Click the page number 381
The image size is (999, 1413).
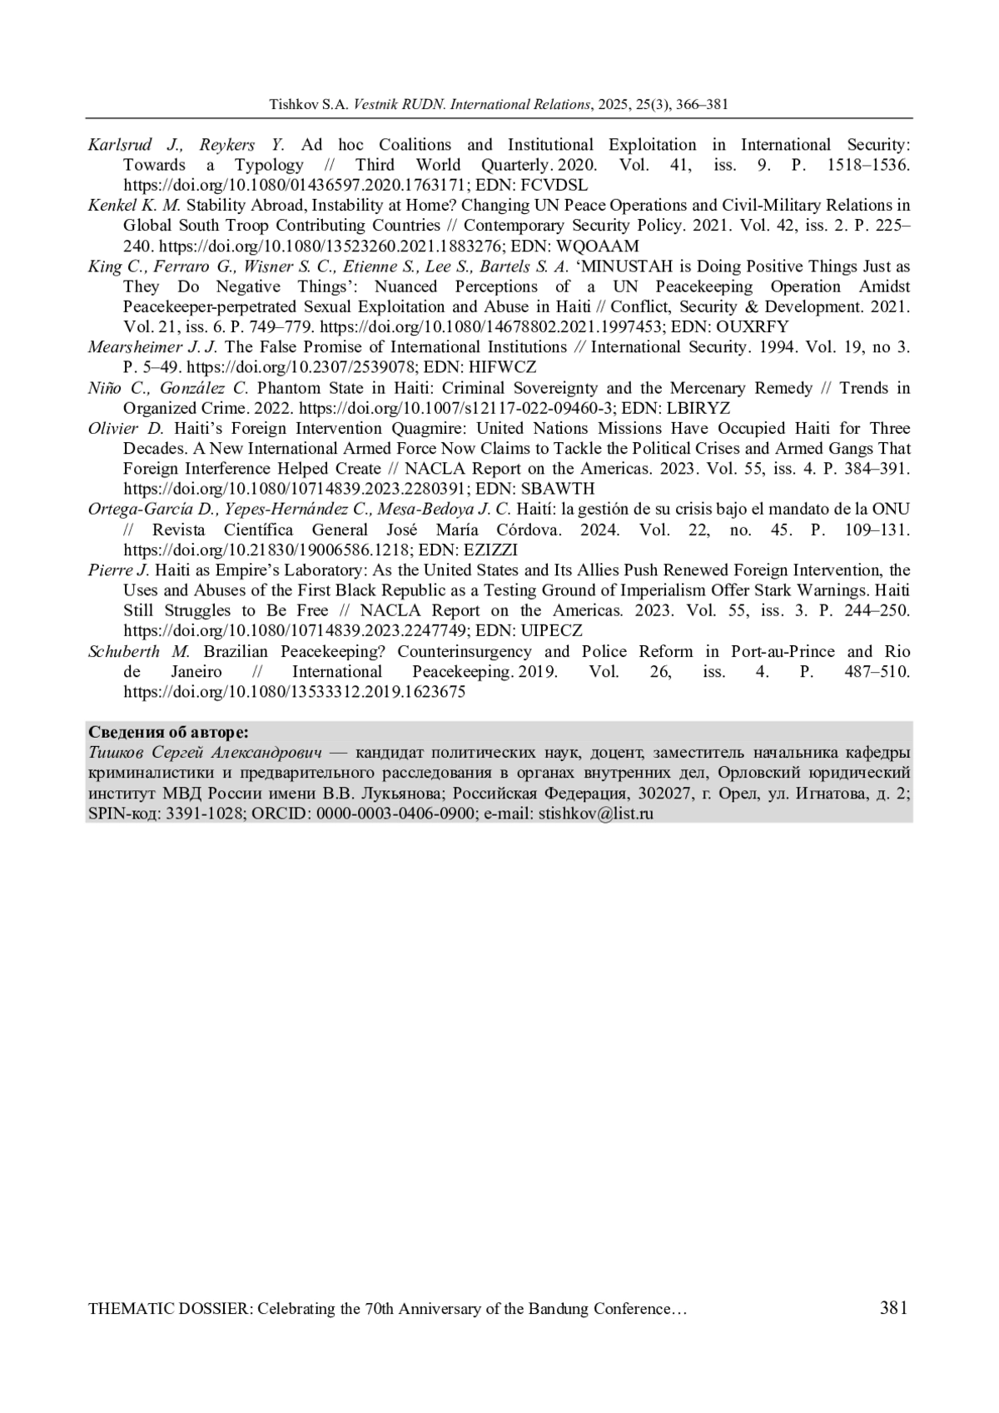[x=893, y=1307]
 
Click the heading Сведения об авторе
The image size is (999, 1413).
[x=167, y=733]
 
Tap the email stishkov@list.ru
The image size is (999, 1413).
[x=596, y=813]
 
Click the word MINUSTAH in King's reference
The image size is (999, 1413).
[x=619, y=266]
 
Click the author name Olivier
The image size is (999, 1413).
[x=113, y=428]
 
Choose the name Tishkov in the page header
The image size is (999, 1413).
[x=290, y=105]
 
